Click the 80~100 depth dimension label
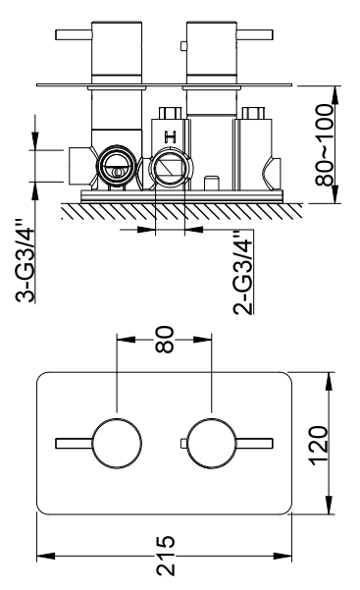pyautogui.click(x=325, y=145)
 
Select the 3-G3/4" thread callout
pyautogui.click(x=26, y=260)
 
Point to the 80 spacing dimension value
pyautogui.click(x=165, y=340)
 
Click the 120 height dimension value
pyautogui.click(x=319, y=445)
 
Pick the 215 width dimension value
pyautogui.click(x=166, y=556)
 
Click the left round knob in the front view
pyautogui.click(x=117, y=444)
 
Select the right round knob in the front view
pyautogui.click(x=212, y=444)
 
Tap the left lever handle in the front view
pyautogui.click(x=74, y=444)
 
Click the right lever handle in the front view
pyautogui.click(x=255, y=444)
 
